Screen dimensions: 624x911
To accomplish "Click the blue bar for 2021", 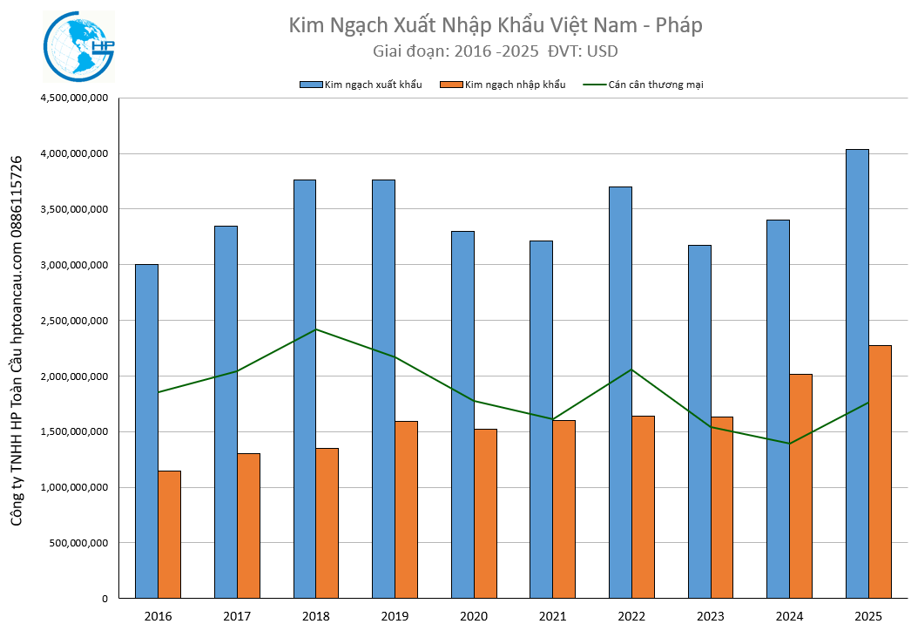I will click(542, 419).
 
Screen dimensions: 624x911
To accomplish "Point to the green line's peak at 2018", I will click(316, 329).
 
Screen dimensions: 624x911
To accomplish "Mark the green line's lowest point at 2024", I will click(789, 444).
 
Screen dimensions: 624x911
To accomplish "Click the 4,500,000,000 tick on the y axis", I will click(74, 98).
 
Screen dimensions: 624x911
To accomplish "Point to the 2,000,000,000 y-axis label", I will click(74, 376).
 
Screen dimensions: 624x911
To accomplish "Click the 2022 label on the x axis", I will click(631, 617).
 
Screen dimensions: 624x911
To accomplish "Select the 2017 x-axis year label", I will click(237, 617).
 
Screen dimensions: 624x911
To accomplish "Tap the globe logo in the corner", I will click(78, 47).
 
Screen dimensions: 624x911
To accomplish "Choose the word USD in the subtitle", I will click(603, 51).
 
